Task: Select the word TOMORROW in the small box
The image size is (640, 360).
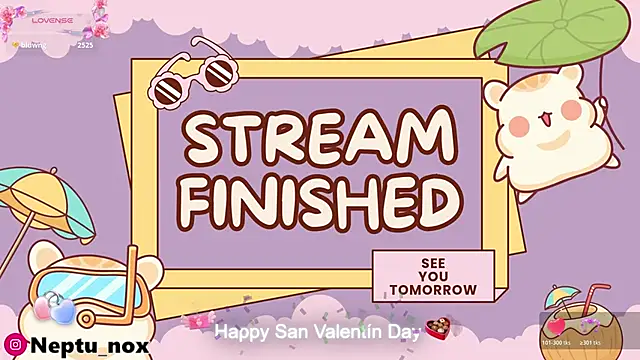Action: point(434,290)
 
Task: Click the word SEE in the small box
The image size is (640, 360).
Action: point(434,263)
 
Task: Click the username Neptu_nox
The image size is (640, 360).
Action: point(90,345)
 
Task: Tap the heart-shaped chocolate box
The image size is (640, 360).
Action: point(436,327)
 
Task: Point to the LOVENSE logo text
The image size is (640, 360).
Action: point(49,19)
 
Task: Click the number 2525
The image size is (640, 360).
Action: point(85,45)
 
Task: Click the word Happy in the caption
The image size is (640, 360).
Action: point(238,330)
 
